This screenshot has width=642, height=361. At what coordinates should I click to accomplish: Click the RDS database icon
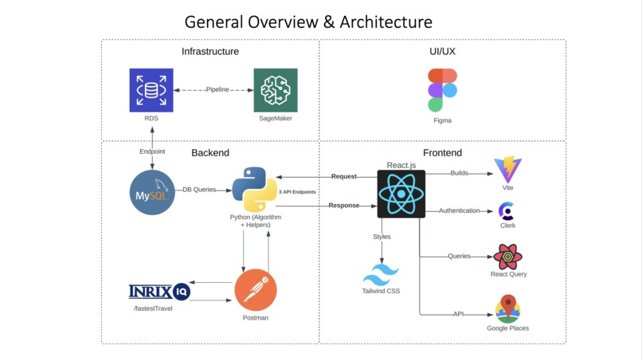pyautogui.click(x=151, y=90)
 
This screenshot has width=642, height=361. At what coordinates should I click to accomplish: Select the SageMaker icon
pyautogui.click(x=276, y=90)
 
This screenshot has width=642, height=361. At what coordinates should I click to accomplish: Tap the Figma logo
pyautogui.click(x=442, y=89)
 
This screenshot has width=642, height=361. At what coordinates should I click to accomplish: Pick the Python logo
pyautogui.click(x=254, y=189)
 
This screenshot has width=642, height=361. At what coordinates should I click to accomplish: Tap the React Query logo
pyautogui.click(x=507, y=257)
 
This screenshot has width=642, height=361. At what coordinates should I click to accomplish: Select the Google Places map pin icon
pyautogui.click(x=507, y=308)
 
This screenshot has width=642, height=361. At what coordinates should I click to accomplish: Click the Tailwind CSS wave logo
pyautogui.click(x=381, y=276)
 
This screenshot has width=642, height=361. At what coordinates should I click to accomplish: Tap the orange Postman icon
pyautogui.click(x=255, y=290)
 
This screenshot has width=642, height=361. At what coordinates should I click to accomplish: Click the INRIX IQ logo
pyautogui.click(x=159, y=291)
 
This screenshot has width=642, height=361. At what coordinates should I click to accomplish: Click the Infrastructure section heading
pyautogui.click(x=210, y=52)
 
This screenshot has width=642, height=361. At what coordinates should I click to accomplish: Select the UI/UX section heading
pyautogui.click(x=442, y=52)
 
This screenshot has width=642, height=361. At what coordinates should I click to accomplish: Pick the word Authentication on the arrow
pyautogui.click(x=460, y=210)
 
